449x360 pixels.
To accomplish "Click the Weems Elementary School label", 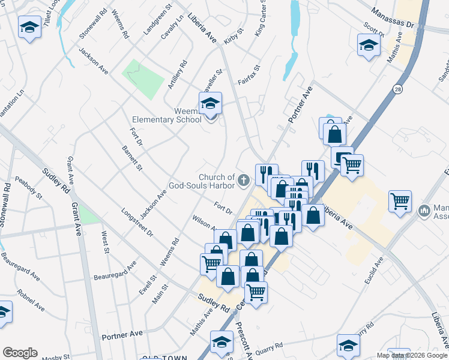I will click(x=187, y=115).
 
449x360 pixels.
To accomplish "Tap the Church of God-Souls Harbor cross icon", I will click(x=244, y=179).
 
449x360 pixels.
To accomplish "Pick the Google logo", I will click(x=19, y=353).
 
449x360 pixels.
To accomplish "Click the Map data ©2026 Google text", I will click(x=412, y=355).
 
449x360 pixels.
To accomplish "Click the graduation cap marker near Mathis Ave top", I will click(x=369, y=45).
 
